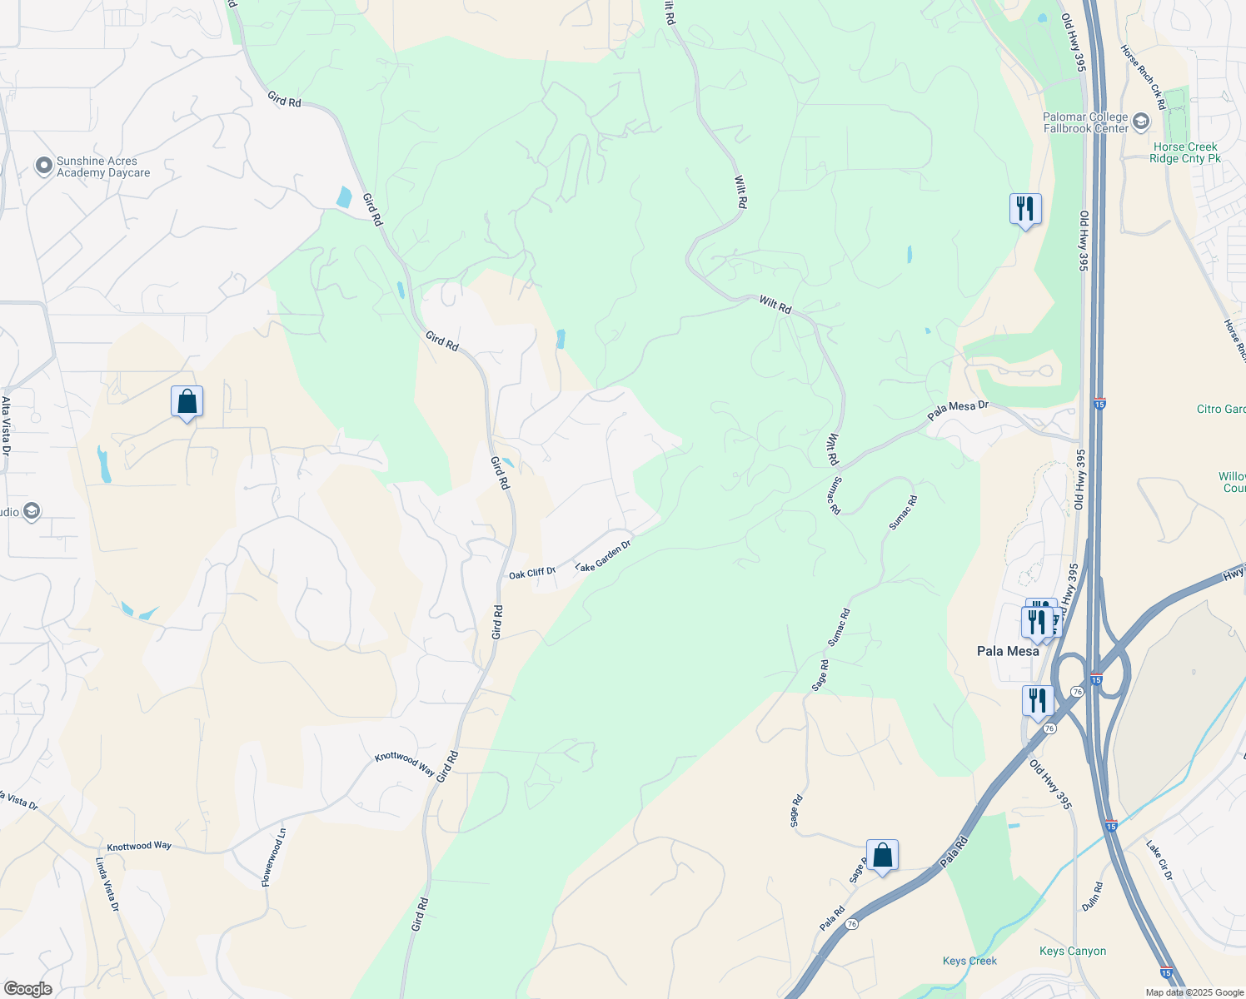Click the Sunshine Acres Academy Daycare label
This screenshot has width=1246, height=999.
click(x=103, y=167)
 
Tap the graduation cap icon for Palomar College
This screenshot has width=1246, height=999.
click(x=1140, y=122)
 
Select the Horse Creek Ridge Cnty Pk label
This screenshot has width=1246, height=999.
click(x=1184, y=152)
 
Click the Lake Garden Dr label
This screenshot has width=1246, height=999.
click(x=603, y=556)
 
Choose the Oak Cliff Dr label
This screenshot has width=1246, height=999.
click(x=532, y=573)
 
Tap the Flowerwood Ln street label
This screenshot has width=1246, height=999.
click(x=274, y=857)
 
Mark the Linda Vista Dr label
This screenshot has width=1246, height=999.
click(x=108, y=884)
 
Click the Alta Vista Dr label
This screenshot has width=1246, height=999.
click(x=6, y=425)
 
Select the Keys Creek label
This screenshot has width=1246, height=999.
click(x=969, y=961)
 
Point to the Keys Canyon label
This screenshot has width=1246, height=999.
click(x=1073, y=951)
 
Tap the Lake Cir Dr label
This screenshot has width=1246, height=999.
click(x=1159, y=860)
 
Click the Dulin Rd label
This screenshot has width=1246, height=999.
click(x=1092, y=897)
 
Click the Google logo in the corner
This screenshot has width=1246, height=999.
click(x=27, y=989)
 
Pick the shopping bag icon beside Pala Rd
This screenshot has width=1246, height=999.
click(x=882, y=856)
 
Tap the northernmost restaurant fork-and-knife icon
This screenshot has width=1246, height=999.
click(x=1025, y=209)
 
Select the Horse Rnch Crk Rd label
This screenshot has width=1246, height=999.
click(x=1143, y=77)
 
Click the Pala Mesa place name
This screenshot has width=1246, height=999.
click(x=1008, y=651)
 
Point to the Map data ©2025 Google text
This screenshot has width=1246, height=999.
click(x=1194, y=992)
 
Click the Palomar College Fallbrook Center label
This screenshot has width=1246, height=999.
click(x=1085, y=122)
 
